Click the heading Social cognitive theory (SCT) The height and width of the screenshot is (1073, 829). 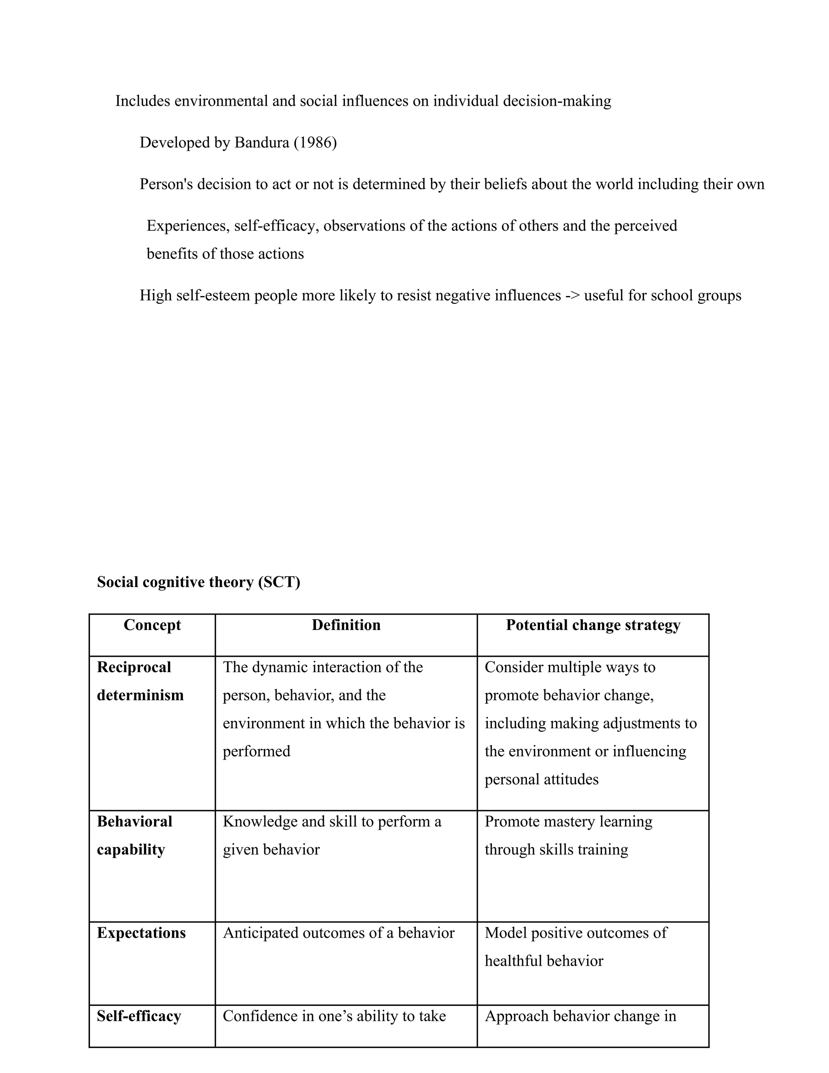pyautogui.click(x=198, y=582)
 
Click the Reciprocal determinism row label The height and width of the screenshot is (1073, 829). pyautogui.click(x=140, y=681)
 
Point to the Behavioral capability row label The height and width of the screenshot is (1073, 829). pyautogui.click(x=134, y=835)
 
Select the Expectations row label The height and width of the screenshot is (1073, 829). pyautogui.click(x=141, y=933)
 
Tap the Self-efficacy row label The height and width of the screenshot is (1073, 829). pyautogui.click(x=139, y=1016)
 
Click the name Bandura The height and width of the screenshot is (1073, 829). pyautogui.click(x=262, y=143)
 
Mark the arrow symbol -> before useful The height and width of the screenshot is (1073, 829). pyautogui.click(x=572, y=296)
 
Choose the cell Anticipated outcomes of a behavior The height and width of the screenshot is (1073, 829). pyautogui.click(x=338, y=933)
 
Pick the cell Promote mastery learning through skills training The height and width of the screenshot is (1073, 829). pyautogui.click(x=568, y=835)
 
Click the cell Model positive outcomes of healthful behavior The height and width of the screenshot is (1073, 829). pyautogui.click(x=576, y=947)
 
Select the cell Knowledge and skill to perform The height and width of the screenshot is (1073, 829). pyautogui.click(x=332, y=835)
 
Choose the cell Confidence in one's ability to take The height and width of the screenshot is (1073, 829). pyautogui.click(x=334, y=1016)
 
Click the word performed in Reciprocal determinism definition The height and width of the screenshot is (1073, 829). pyautogui.click(x=256, y=751)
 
